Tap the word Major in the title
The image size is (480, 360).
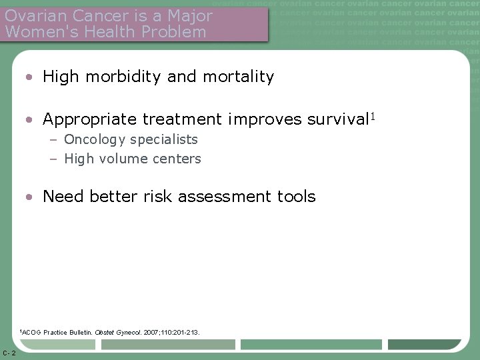pos(191,15)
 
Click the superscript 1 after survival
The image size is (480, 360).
pos(373,117)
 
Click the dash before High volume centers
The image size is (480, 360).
pos(54,159)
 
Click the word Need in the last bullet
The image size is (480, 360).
pos(62,197)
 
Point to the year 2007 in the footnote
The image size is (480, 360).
pos(152,331)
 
